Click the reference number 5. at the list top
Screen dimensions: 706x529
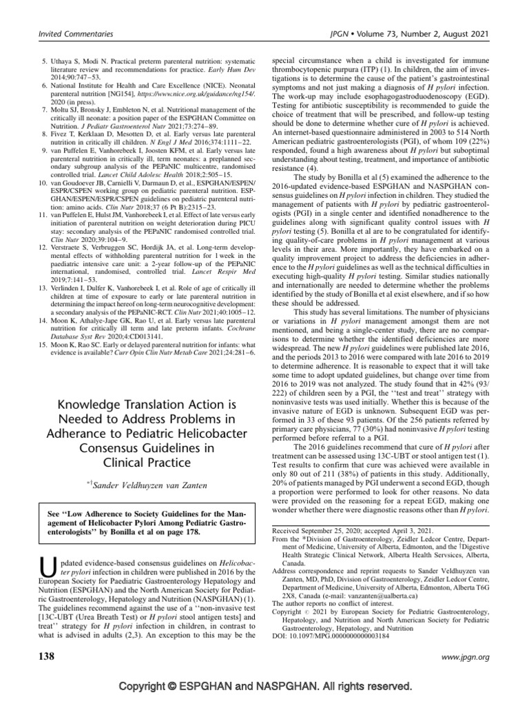[x=43, y=61]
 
